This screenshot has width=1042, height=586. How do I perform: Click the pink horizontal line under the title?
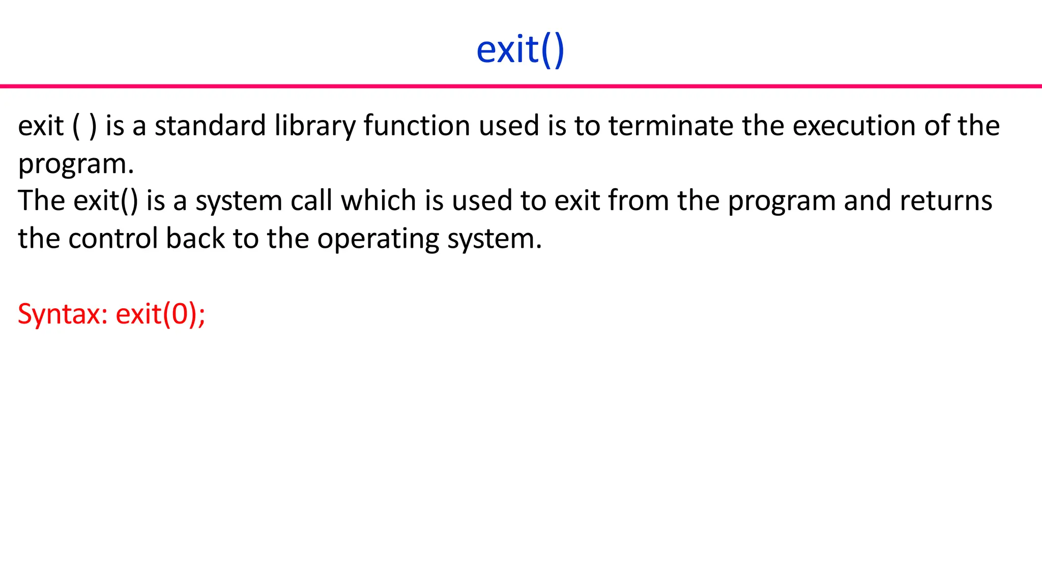point(521,86)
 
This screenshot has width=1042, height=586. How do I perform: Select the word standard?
point(210,126)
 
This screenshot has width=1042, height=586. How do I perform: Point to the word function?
point(417,126)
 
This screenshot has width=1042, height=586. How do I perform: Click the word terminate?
point(671,126)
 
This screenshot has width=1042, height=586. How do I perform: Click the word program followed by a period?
point(76,164)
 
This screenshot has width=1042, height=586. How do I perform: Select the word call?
point(311,200)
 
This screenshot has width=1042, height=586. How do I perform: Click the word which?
point(379,200)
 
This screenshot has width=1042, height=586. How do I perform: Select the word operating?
point(378,239)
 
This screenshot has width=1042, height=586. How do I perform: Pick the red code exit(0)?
point(160,314)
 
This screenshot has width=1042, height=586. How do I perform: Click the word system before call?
point(239,201)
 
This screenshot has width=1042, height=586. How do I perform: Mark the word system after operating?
point(494,239)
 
